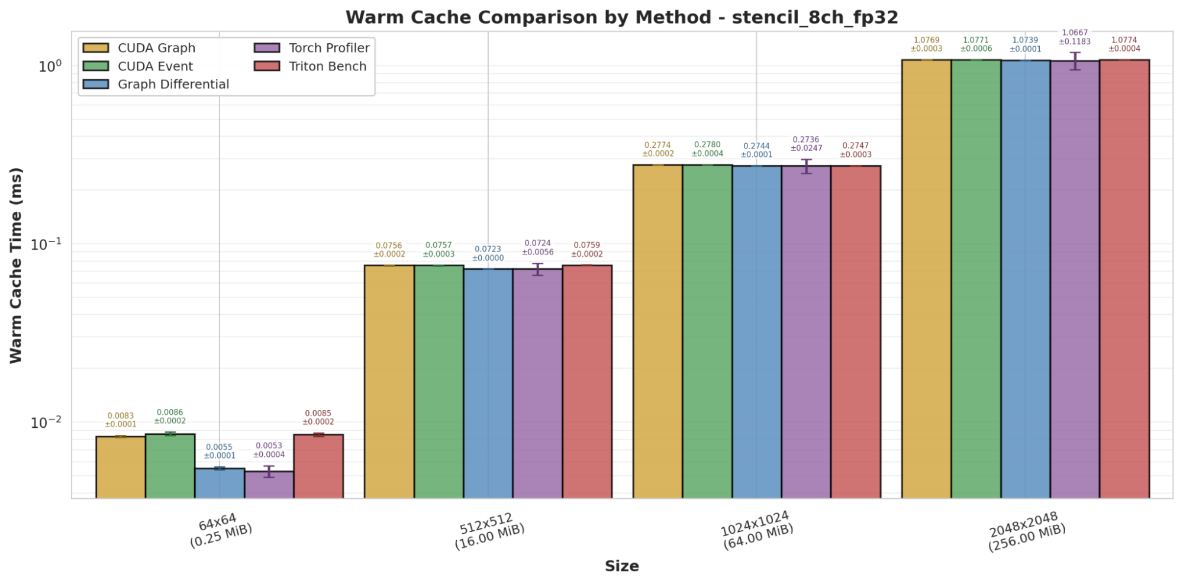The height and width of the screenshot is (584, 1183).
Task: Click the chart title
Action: (x=621, y=17)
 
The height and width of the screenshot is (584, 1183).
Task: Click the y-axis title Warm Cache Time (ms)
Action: (x=16, y=265)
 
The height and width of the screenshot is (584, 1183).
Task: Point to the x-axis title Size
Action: (x=621, y=566)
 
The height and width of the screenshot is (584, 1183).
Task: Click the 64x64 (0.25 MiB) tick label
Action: (x=220, y=530)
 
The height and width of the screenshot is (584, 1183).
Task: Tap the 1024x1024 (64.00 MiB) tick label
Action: (x=756, y=530)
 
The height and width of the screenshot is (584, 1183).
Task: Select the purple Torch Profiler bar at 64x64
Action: (x=269, y=485)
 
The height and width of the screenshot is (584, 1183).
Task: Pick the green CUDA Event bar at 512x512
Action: (x=439, y=382)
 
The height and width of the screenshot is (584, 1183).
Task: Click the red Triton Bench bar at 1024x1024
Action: (x=856, y=331)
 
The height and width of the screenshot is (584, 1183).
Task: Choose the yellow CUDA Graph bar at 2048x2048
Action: (x=926, y=278)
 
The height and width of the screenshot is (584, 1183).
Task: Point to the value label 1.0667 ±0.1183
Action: (x=1075, y=37)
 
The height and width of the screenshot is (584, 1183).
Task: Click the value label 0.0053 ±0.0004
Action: (x=269, y=450)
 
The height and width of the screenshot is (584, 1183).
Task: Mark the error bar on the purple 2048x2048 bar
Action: (x=1075, y=61)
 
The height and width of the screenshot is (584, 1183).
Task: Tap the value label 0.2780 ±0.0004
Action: (x=707, y=149)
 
